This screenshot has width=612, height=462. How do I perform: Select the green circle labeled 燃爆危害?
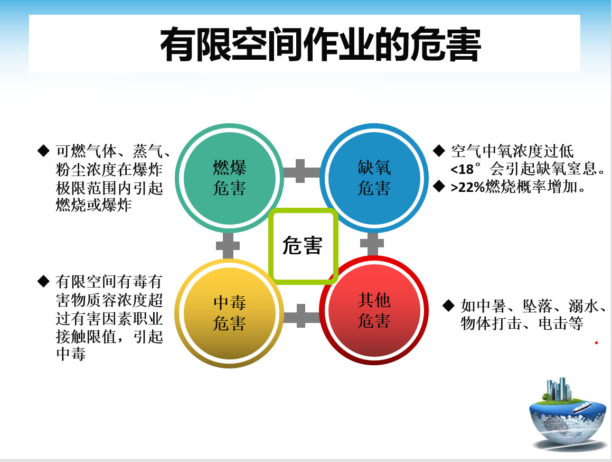point(230,178)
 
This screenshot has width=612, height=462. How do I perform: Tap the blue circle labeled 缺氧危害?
point(374,178)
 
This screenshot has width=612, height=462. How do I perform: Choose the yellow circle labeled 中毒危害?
point(229,313)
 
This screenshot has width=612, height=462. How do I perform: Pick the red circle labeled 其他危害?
point(374,310)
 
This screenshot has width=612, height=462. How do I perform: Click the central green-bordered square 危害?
point(303,246)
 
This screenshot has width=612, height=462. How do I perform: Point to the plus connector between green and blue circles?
point(301,171)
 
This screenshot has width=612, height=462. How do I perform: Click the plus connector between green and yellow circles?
point(228,246)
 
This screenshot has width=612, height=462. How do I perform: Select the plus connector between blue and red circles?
point(372,244)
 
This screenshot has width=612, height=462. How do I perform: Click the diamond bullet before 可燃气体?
point(43,151)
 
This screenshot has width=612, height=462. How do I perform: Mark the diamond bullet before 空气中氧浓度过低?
point(439,151)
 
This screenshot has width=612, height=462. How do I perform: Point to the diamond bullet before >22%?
point(439,187)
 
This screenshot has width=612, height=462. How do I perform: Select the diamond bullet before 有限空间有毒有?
point(43,281)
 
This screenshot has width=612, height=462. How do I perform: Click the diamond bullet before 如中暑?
point(449,305)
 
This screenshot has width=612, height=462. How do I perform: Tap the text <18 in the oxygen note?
point(462,169)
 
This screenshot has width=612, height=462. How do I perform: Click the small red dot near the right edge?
point(596,343)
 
